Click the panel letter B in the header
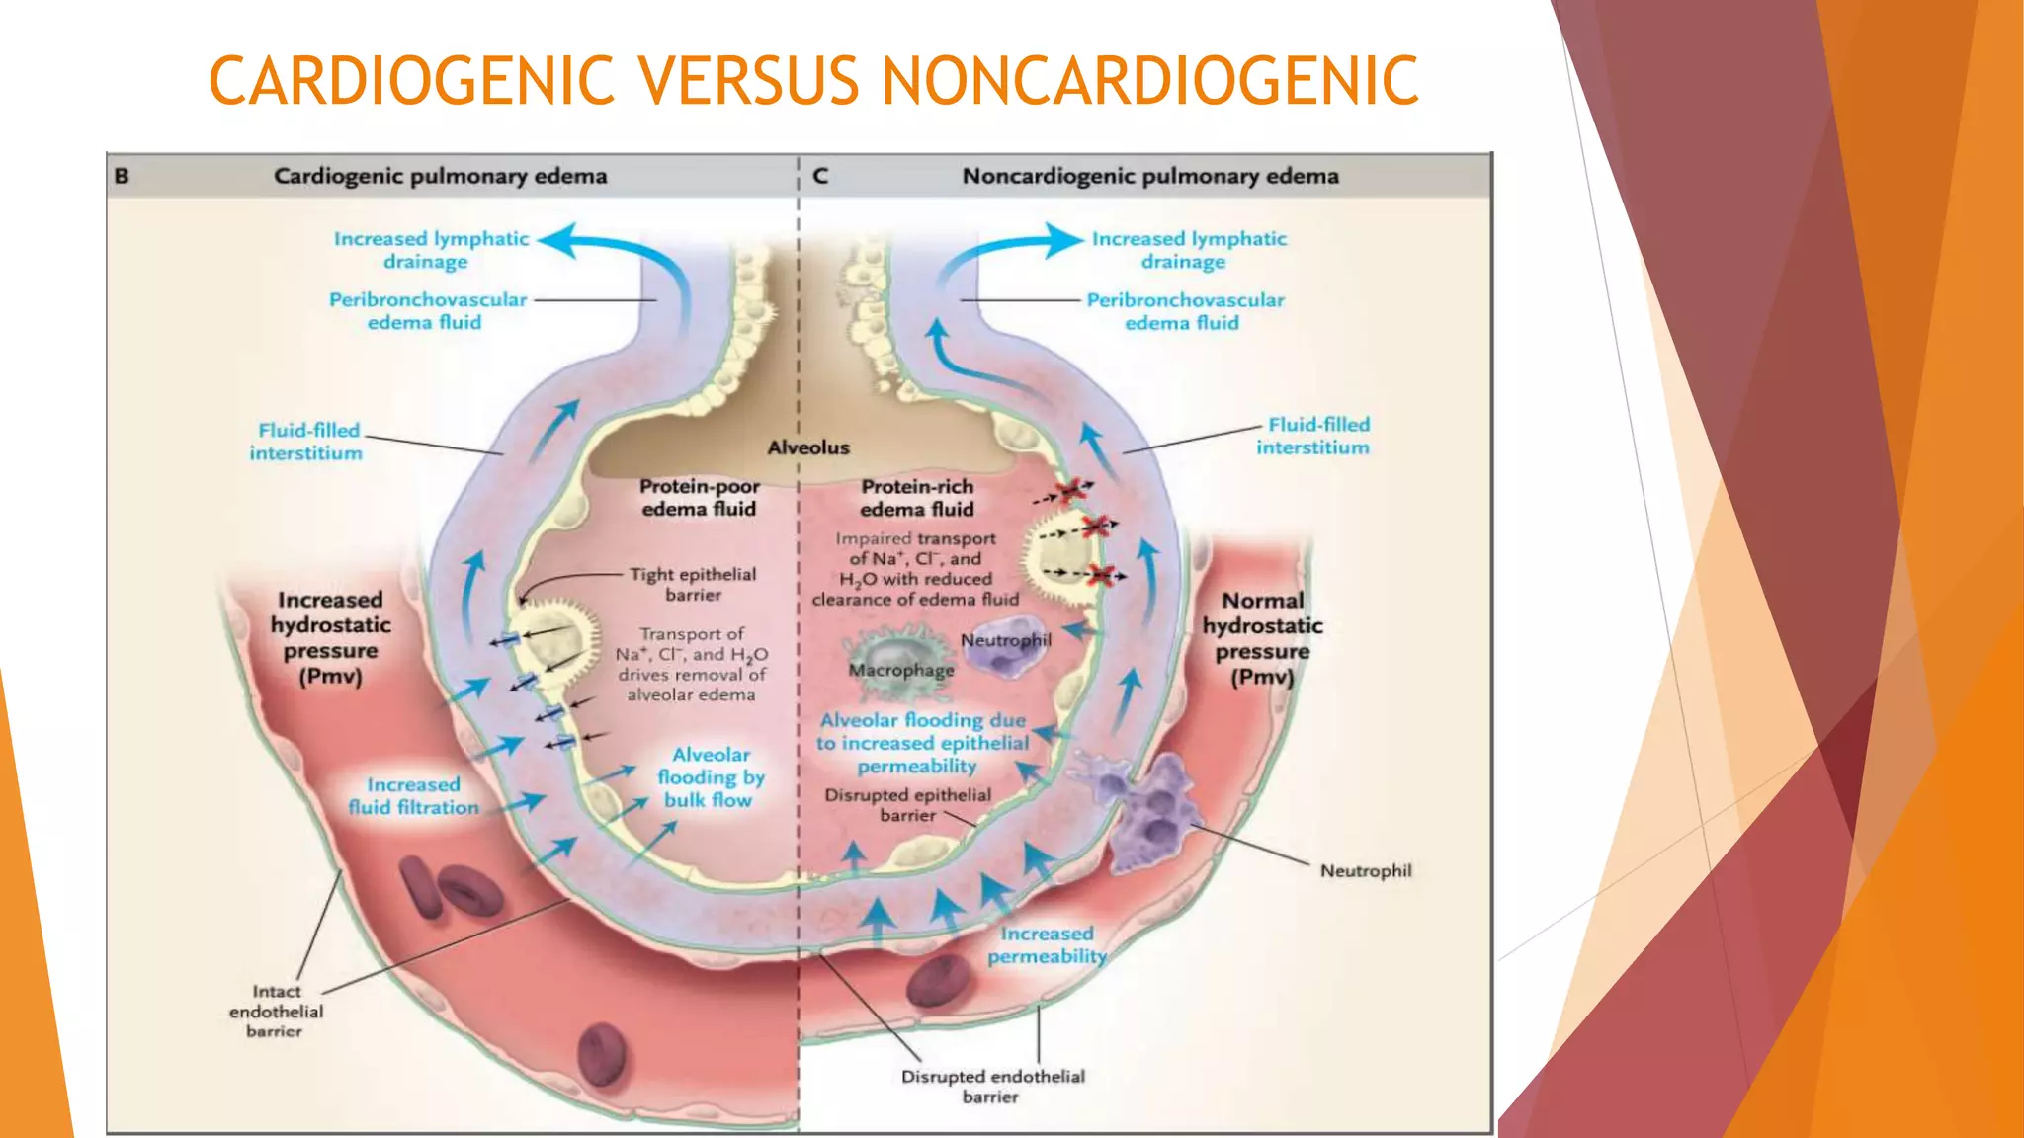[122, 176]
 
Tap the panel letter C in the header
[819, 176]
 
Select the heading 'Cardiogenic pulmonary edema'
[440, 176]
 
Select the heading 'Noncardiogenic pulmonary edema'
[1150, 176]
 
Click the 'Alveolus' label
[808, 447]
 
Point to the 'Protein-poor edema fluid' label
[699, 497]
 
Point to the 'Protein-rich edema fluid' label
[916, 498]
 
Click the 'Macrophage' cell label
[901, 670]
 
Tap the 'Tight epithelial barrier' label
[693, 584]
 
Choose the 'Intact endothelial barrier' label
[276, 1011]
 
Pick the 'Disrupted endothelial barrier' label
[992, 1086]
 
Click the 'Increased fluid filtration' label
[413, 795]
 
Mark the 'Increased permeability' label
[1047, 944]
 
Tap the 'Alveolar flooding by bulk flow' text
[711, 777]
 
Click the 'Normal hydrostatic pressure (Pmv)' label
[1262, 638]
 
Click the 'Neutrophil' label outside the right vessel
[1366, 870]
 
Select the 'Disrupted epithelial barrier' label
[907, 804]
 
